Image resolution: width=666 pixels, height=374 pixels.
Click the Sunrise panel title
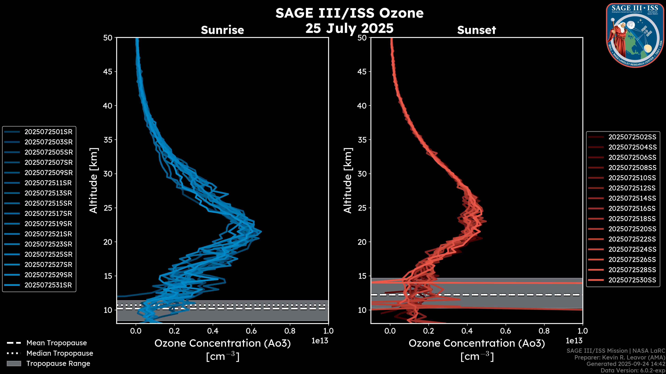(222, 30)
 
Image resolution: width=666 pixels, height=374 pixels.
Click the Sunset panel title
(476, 30)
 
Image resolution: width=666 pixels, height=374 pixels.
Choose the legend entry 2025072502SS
(632, 137)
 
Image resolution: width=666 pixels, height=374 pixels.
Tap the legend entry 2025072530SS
(632, 280)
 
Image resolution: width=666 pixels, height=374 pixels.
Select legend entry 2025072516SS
(632, 208)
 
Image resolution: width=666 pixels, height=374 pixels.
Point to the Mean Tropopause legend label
(57, 343)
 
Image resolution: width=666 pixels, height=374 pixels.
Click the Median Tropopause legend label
(60, 353)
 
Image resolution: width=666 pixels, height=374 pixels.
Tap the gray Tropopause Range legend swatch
(14, 364)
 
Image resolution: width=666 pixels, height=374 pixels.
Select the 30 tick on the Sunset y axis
(362, 174)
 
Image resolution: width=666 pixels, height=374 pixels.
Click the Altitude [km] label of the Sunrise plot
(93, 180)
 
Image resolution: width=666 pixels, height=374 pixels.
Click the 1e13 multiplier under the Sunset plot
(574, 341)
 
